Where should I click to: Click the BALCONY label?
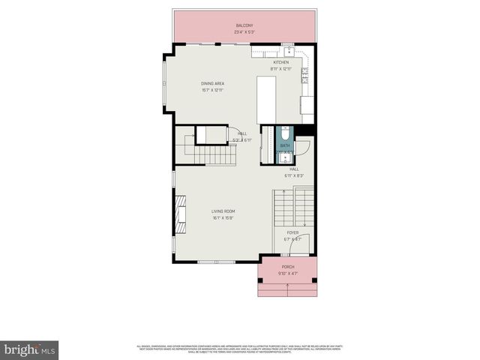click(x=243, y=25)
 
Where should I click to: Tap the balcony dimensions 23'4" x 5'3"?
click(x=243, y=32)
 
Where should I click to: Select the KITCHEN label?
click(x=280, y=62)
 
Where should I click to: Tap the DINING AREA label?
click(x=212, y=83)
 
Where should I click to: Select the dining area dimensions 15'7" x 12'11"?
click(x=212, y=90)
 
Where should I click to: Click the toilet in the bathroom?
click(x=284, y=133)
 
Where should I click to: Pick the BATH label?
click(x=284, y=146)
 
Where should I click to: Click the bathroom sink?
click(x=284, y=158)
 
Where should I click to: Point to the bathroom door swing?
click(x=301, y=147)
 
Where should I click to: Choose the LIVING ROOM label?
click(x=223, y=211)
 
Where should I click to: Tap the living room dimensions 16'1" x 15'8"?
click(x=223, y=218)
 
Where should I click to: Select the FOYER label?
click(x=292, y=232)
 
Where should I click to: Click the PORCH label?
click(x=287, y=267)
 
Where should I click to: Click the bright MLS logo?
click(x=30, y=349)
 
